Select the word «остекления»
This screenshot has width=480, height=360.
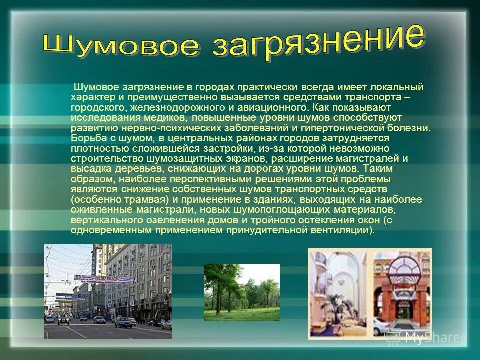click(332, 219)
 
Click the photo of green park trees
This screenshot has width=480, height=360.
click(241, 292)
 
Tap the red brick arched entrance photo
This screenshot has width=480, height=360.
click(402, 293)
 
